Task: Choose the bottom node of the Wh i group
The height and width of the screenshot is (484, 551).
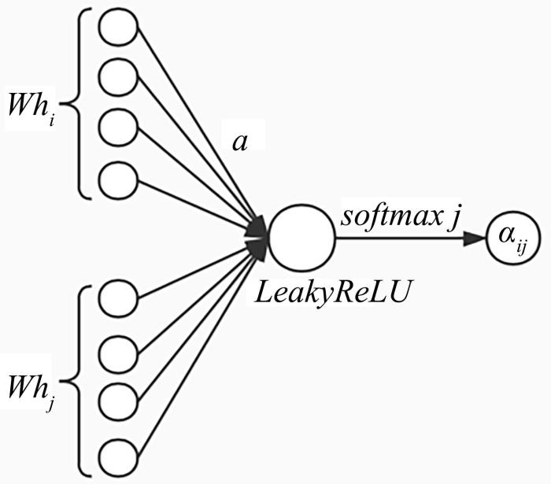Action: (118, 179)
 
